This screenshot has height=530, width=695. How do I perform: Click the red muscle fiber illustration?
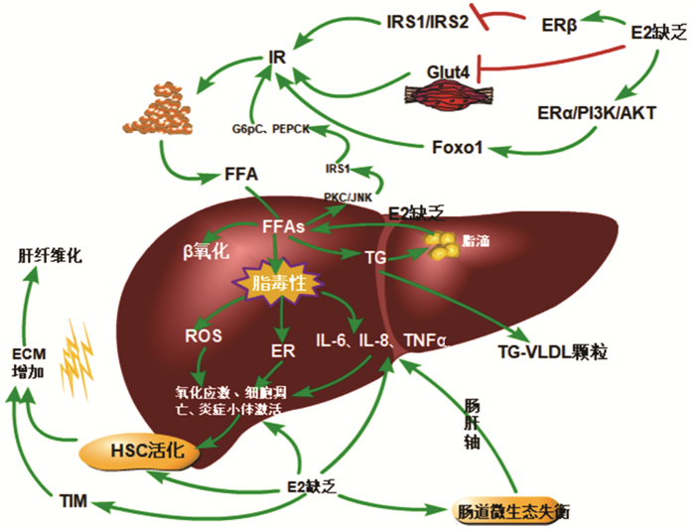pyautogui.click(x=445, y=94)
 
